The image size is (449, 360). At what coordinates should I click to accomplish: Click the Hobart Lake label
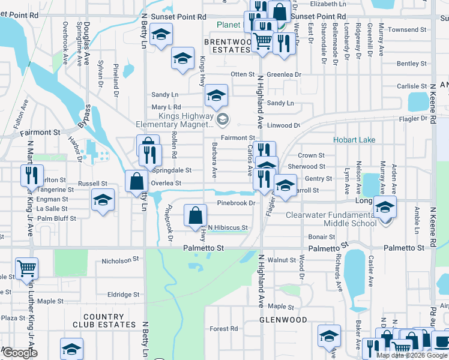point(354,140)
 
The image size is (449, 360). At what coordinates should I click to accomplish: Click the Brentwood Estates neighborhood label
point(227,46)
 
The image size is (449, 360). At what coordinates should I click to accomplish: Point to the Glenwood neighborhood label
point(283,320)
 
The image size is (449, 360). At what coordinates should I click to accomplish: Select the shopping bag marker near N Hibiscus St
point(196,217)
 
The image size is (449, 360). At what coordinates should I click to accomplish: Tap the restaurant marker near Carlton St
point(31,175)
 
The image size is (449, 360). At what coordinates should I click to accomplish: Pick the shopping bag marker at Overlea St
point(137,181)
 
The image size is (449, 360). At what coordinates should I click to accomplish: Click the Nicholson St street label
point(120,260)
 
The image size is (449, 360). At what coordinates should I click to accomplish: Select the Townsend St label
point(407,29)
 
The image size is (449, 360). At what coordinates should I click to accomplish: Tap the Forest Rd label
point(224,329)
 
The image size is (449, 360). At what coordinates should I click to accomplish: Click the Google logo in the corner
point(20,353)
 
